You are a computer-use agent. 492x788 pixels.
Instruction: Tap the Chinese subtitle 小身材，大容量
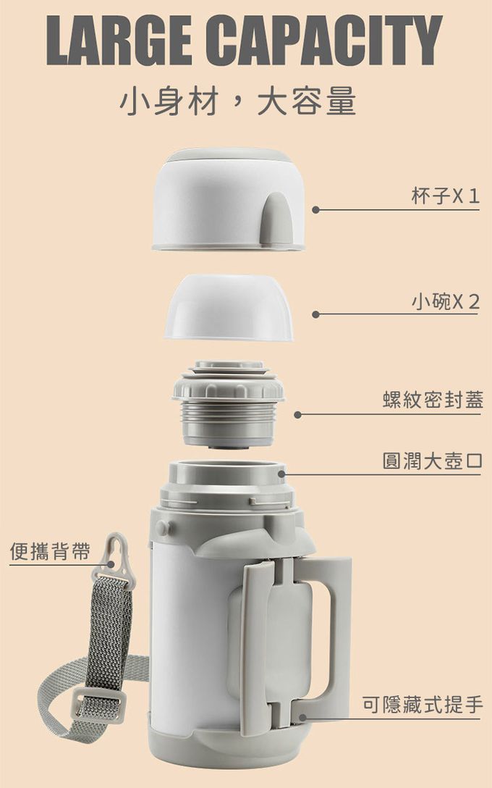[x=237, y=101]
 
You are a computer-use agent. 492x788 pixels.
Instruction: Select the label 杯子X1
[x=445, y=196]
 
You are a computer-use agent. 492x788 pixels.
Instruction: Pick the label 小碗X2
[x=445, y=301]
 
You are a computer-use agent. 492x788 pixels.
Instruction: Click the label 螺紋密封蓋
[x=433, y=400]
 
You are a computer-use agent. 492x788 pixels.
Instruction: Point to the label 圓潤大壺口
[x=433, y=461]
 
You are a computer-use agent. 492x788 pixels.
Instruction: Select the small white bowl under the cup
[x=228, y=308]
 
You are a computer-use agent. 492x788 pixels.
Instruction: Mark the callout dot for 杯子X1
[x=315, y=210]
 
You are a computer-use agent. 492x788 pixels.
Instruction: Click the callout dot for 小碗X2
[x=315, y=314]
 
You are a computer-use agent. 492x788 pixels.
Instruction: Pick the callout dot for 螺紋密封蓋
[x=297, y=414]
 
